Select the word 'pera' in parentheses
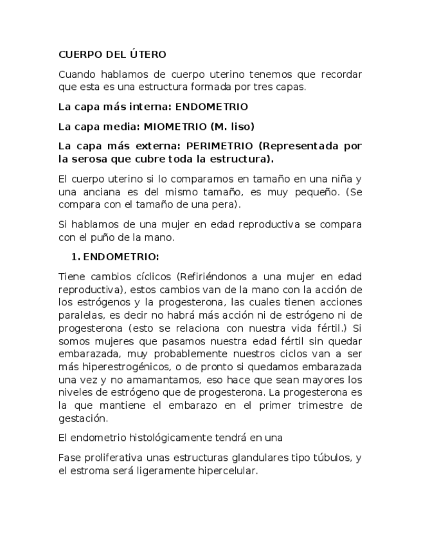click(x=226, y=204)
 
